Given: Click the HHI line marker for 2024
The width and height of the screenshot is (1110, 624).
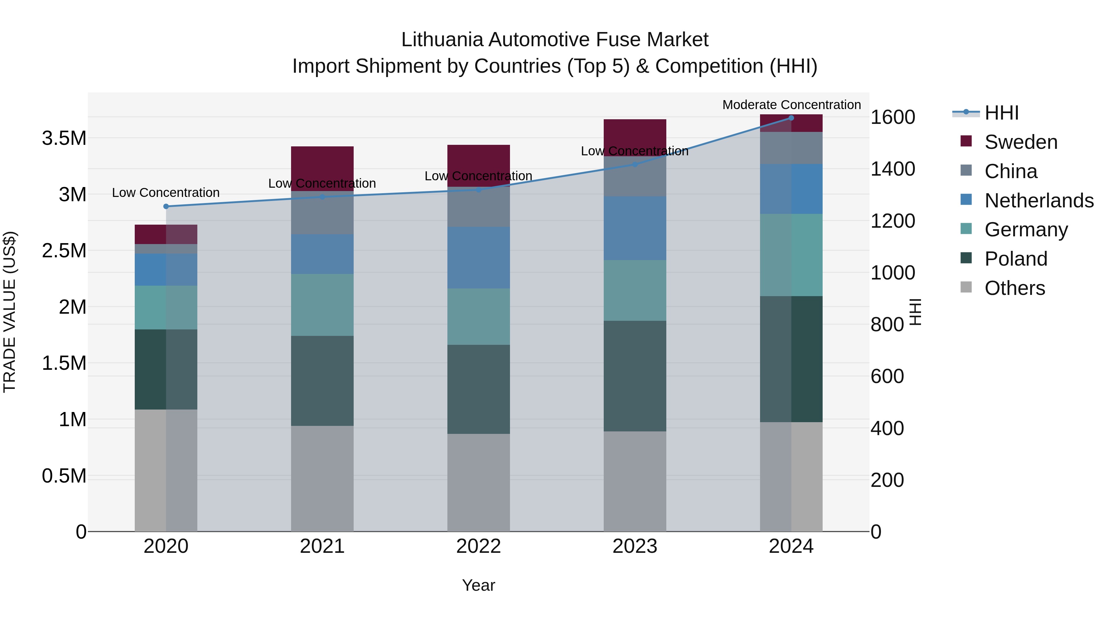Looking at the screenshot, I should tap(791, 118).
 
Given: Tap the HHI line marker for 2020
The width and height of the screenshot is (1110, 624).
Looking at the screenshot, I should tap(166, 206).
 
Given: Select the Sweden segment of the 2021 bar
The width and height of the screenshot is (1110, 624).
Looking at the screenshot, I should tap(322, 168).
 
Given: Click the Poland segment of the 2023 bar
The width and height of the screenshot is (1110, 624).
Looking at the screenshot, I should tap(635, 376).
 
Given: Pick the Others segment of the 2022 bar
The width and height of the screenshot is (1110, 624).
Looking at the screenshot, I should tap(478, 482).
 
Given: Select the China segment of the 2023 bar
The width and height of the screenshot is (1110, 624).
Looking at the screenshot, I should tap(635, 177).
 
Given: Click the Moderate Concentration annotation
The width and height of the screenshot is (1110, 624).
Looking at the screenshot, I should tap(791, 105).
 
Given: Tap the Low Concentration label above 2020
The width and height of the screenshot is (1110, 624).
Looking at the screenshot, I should tap(166, 193).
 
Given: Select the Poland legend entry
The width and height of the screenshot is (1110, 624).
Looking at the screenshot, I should tap(1015, 259).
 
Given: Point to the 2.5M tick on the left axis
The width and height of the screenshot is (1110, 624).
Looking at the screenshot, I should tap(64, 251).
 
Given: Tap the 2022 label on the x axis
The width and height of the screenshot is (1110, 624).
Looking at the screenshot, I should tap(478, 546).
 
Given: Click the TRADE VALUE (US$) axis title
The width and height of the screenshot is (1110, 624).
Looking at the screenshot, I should tap(10, 312).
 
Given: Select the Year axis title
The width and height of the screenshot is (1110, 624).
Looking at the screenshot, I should tap(478, 585).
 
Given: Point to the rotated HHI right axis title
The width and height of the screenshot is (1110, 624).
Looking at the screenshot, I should tap(915, 312).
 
